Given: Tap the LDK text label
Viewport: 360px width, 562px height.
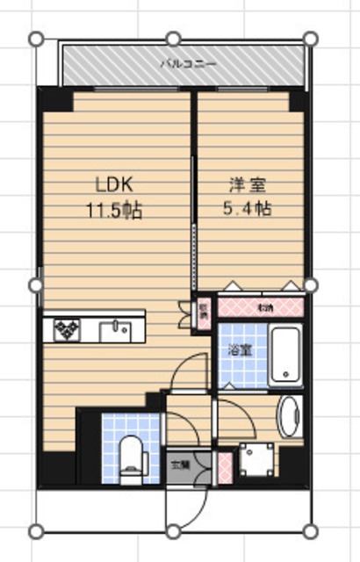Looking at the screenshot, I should point(114,186).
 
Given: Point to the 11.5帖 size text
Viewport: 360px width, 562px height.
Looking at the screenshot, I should point(114,211).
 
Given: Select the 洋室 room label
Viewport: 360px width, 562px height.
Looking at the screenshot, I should point(248,186).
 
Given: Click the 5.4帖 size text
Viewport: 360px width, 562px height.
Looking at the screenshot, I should point(248,211).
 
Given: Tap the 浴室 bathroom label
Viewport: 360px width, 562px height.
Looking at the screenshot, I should point(239,349).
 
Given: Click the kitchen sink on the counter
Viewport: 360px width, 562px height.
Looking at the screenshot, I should point(114,330).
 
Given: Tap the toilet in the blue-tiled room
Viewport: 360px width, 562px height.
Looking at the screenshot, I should point(130,452).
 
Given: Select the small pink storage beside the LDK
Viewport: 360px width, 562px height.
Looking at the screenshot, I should point(203,312).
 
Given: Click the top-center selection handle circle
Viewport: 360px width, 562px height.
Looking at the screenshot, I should point(174,39).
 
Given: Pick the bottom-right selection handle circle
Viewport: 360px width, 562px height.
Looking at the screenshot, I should point(310,530).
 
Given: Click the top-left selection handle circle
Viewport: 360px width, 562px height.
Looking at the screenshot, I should point(36,39).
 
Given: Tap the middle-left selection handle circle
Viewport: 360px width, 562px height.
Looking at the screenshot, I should point(36,285).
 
